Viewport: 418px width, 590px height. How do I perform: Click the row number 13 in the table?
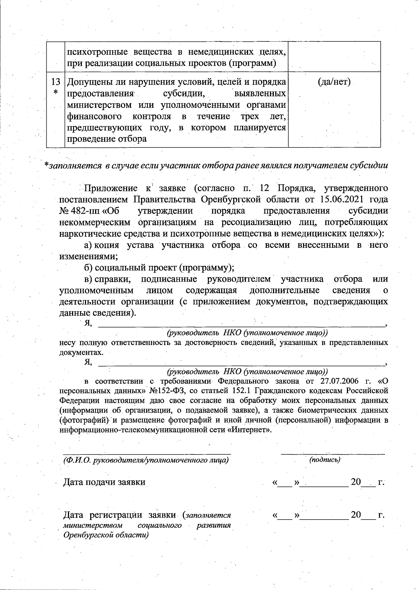[55, 82]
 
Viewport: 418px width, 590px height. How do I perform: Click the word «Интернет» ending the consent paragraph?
[249, 429]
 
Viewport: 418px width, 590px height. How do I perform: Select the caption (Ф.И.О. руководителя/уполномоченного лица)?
[146, 460]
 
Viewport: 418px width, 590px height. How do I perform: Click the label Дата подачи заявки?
[104, 482]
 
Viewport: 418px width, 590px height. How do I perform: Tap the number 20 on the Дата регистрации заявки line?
[356, 515]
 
